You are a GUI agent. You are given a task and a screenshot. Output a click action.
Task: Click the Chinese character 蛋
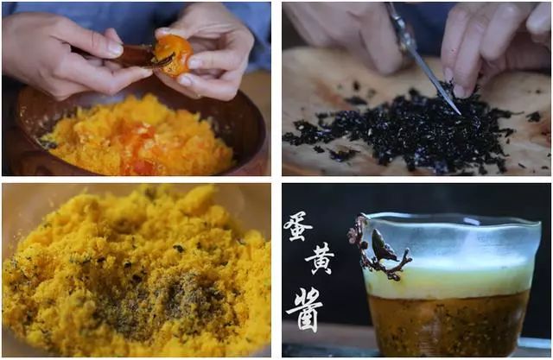[297, 227]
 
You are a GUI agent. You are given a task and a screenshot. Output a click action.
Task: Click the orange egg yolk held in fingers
[175, 56]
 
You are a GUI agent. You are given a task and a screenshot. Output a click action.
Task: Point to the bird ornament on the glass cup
[382, 245]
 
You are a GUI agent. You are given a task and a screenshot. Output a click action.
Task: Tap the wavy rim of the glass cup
[451, 220]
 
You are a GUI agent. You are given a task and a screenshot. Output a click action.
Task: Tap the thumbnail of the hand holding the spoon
[115, 47]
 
